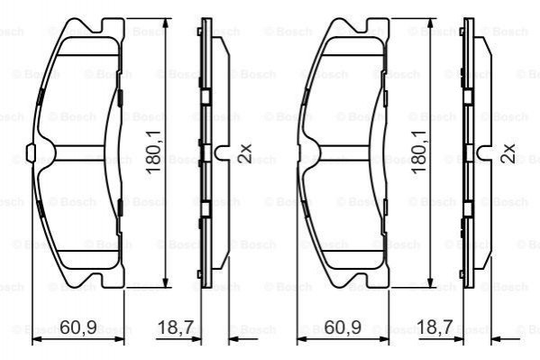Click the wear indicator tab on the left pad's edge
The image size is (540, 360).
[31, 152]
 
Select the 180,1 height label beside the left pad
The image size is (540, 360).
[154, 152]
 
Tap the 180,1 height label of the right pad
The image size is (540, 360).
[418, 152]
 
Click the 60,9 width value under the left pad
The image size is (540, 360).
[78, 328]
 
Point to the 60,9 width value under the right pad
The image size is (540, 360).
[343, 328]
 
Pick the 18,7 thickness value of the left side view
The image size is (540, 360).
[176, 328]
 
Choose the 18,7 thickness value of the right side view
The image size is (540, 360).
[435, 328]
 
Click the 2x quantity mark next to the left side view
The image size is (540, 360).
[245, 152]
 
